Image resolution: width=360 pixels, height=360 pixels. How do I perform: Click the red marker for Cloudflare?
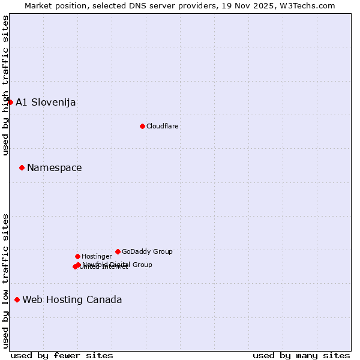coord(142,126)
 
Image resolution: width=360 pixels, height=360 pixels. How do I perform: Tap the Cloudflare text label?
coord(163,126)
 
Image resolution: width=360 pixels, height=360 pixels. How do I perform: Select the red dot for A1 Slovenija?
coord(10,102)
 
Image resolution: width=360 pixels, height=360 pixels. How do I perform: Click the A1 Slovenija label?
coord(46,102)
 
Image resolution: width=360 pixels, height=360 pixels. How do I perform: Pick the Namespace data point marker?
coord(22,167)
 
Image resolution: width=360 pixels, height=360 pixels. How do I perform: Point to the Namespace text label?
coord(55,167)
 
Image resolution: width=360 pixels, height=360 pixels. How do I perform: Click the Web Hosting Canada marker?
coord(17,299)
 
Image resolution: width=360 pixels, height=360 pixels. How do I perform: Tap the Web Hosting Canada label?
coord(72,299)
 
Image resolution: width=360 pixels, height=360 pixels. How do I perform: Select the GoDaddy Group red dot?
coord(118,251)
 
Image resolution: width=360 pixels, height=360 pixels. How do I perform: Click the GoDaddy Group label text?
coord(147,251)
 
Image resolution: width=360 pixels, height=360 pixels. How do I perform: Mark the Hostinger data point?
coord(77,256)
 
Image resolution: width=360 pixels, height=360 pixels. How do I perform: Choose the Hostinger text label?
coord(97,256)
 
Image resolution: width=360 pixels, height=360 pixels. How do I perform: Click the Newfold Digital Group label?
coord(118,264)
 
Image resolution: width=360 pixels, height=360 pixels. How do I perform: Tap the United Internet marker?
coord(75,266)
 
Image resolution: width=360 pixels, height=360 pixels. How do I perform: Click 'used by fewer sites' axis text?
coord(62,355)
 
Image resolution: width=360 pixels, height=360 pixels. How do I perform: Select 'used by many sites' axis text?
coord(301,355)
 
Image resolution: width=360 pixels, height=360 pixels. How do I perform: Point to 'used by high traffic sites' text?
coord(5,85)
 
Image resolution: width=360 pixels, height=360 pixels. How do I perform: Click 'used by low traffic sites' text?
coord(5,281)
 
